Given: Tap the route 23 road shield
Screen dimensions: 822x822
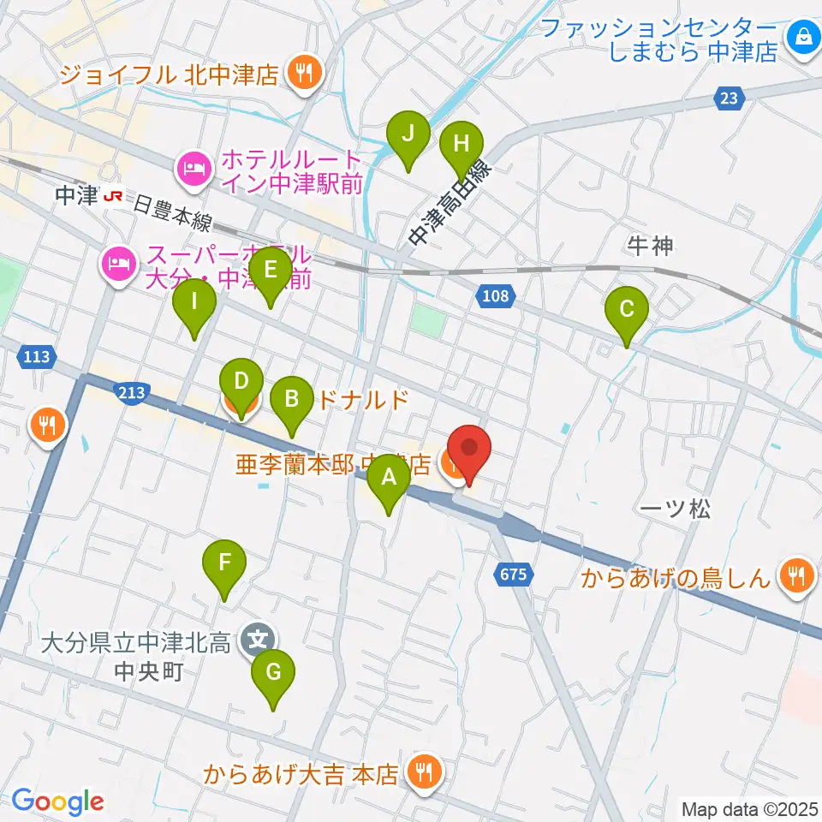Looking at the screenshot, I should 728,99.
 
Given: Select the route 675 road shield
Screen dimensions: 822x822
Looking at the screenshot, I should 513,575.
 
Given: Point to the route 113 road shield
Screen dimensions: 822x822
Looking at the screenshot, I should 37,356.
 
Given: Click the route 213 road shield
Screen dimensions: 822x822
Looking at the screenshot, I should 132,392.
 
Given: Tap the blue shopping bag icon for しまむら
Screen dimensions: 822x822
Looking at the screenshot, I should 804,37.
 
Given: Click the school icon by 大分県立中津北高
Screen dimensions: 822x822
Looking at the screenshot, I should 258,637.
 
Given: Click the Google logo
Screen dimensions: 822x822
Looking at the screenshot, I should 57,801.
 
